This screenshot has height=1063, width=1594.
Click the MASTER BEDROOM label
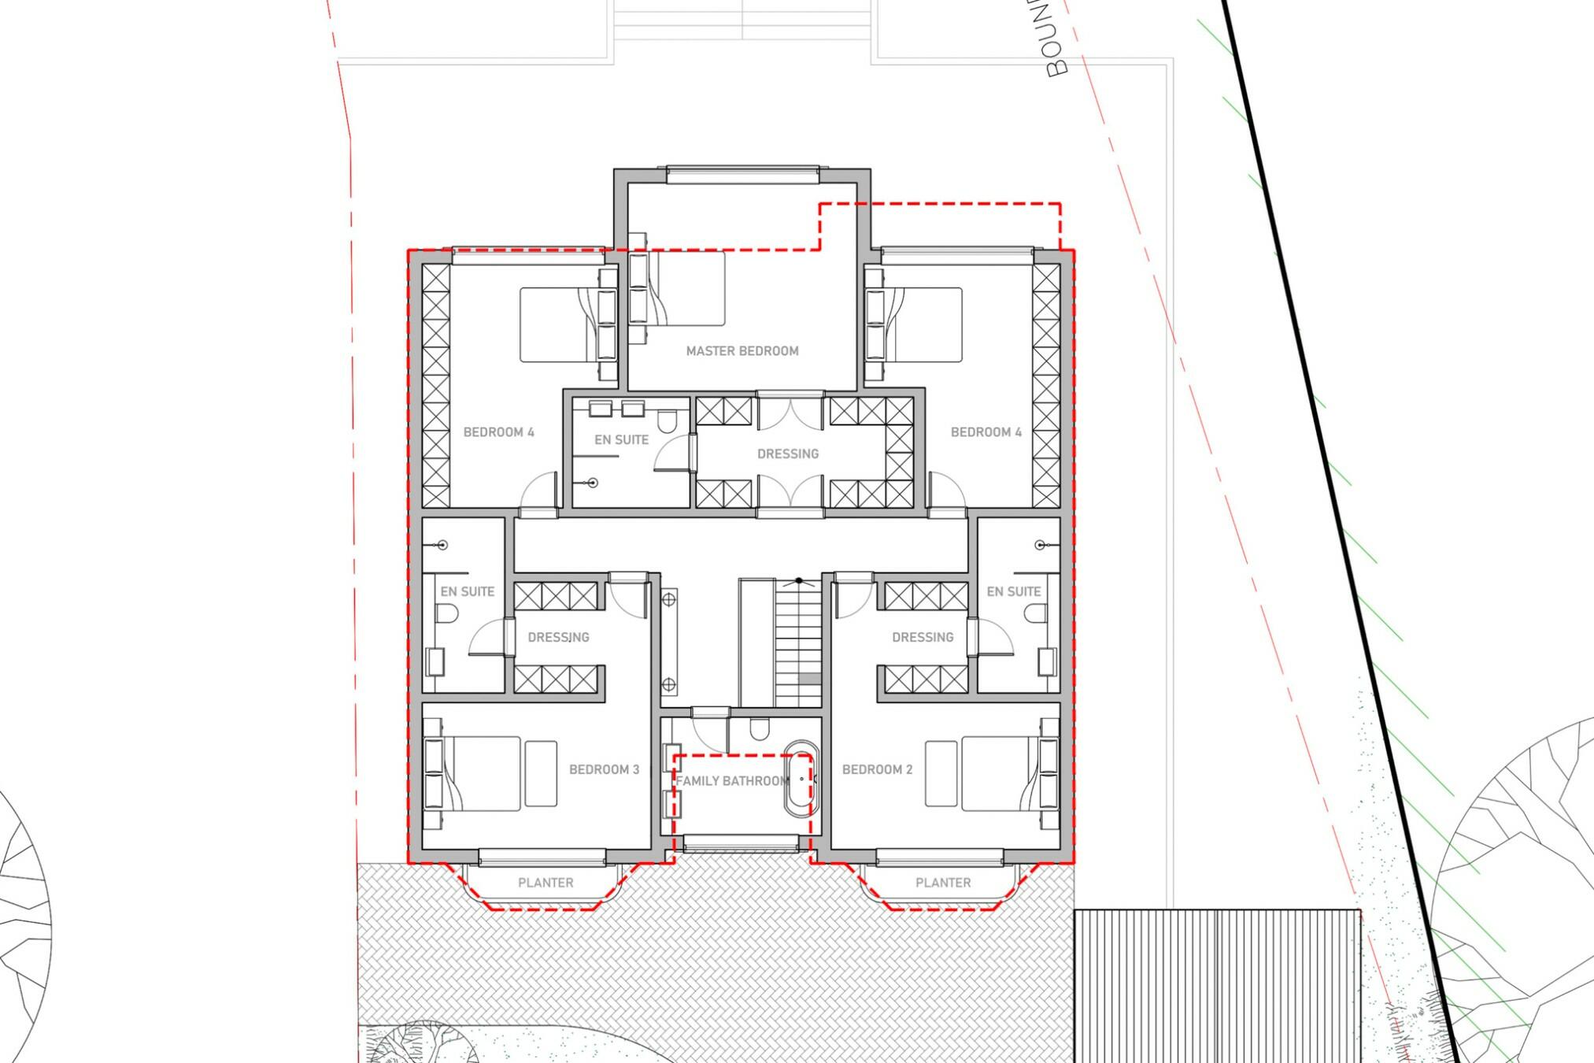tap(742, 351)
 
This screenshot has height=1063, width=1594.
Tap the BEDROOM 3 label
tap(604, 769)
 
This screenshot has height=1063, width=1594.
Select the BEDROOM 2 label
tap(877, 769)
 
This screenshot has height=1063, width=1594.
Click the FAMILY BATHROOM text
tap(732, 781)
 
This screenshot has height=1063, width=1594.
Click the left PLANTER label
tap(546, 883)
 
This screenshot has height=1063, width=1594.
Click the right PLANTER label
tap(943, 883)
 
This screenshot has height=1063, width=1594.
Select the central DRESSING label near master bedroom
tap(787, 454)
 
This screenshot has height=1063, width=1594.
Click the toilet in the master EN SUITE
tap(667, 423)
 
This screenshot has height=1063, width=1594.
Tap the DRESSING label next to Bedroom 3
tap(558, 637)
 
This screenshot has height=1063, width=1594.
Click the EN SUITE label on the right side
tap(1013, 591)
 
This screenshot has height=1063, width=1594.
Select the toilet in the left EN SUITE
tap(447, 613)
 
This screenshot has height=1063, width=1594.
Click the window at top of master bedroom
tap(742, 175)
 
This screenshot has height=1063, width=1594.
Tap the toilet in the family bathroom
tap(759, 729)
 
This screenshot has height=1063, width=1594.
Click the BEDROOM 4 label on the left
tap(498, 432)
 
